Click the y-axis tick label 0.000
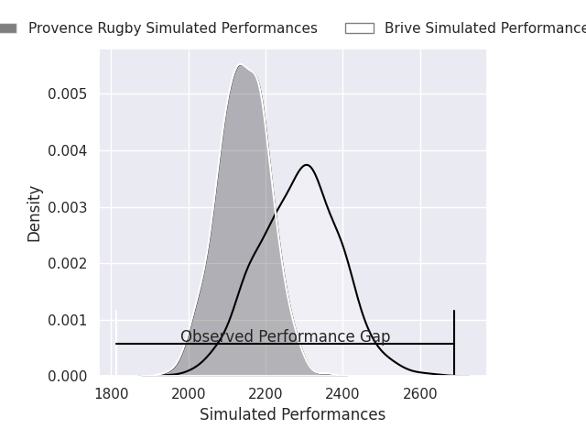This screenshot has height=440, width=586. (x=67, y=377)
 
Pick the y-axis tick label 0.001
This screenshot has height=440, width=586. (x=67, y=320)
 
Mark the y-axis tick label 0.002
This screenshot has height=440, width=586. (x=67, y=264)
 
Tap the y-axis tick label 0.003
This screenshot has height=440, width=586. (x=67, y=207)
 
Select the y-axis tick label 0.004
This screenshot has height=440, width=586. (x=67, y=150)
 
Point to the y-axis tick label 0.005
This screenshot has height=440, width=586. (x=67, y=94)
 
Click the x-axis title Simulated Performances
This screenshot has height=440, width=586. (x=292, y=414)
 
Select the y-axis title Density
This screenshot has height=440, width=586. (x=35, y=213)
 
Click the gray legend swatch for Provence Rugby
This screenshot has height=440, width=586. (x=5, y=28)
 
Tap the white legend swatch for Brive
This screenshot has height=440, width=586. (x=359, y=28)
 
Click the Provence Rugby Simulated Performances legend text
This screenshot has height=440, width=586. (x=172, y=28)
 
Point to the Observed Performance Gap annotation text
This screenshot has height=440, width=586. (x=285, y=336)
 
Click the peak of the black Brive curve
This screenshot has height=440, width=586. (x=307, y=165)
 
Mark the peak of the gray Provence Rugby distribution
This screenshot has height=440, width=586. (x=240, y=65)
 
